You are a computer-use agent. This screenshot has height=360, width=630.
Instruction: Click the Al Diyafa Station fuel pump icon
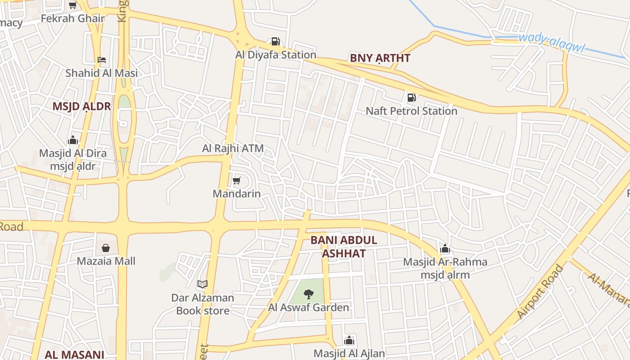[x=275, y=42]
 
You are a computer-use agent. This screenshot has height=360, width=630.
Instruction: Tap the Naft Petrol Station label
[x=411, y=111]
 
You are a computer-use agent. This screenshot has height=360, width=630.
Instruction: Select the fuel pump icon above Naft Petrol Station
[x=411, y=97]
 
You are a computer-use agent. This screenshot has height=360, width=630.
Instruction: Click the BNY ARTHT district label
[x=380, y=58]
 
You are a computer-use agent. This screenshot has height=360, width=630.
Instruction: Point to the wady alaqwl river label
[x=551, y=43]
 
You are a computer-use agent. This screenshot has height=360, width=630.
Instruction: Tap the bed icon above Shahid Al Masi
[x=102, y=60]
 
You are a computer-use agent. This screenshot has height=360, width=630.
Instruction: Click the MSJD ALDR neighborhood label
[x=81, y=106]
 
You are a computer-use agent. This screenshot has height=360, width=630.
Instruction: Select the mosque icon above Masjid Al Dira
[x=73, y=140]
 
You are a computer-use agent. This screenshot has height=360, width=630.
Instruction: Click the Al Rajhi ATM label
[x=233, y=148]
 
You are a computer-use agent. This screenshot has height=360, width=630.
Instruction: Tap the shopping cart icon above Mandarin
[x=236, y=181]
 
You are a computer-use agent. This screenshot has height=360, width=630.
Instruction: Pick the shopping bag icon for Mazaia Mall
[x=106, y=248]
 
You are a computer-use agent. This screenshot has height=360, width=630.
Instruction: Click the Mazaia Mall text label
[x=106, y=261]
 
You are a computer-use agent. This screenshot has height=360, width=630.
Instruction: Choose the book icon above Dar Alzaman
[x=202, y=284]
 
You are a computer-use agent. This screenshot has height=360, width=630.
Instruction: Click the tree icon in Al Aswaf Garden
[x=308, y=295]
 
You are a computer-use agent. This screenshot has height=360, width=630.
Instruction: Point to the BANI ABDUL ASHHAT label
[x=344, y=247]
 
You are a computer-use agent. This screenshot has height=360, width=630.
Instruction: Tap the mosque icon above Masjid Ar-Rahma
[x=445, y=249]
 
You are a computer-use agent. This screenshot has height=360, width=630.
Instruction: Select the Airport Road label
[x=540, y=291]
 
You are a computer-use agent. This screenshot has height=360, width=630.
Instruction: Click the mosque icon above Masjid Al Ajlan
[x=349, y=341]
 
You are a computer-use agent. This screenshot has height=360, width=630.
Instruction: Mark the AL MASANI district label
[x=74, y=355]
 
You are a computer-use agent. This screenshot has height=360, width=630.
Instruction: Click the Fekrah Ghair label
[x=72, y=18]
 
